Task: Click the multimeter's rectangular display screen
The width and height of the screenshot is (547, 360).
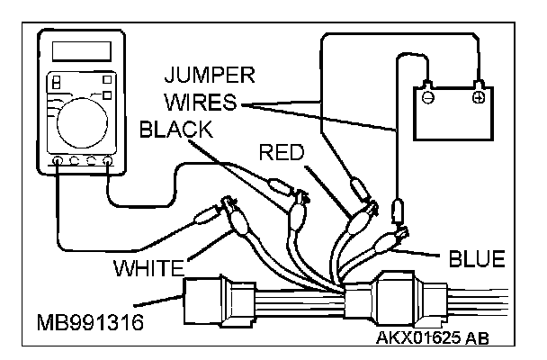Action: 76,53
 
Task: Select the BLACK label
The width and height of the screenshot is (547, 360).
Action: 175,129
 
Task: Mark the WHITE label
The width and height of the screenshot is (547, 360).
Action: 148,267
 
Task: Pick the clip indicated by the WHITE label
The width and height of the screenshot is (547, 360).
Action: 238,216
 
